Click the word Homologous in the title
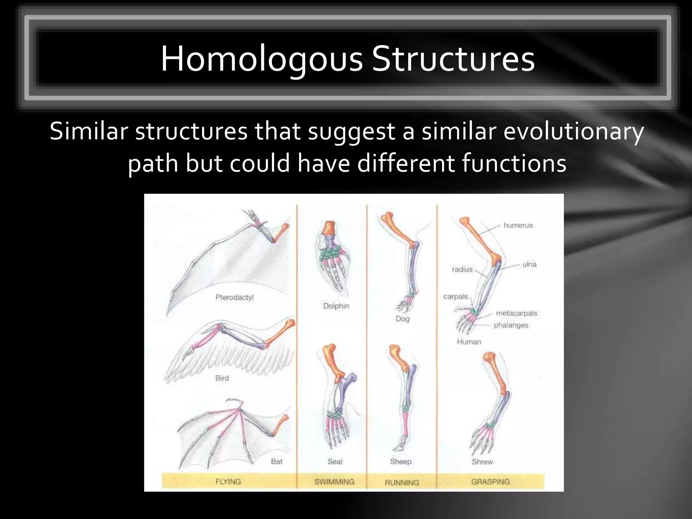[x=262, y=59]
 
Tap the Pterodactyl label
[x=234, y=297]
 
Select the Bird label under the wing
[x=222, y=378]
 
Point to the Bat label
[x=276, y=461]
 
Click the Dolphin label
[x=336, y=306]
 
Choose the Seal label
[x=335, y=462]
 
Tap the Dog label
[x=402, y=319]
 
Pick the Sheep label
[x=400, y=462]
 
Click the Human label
[x=469, y=342]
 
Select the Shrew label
[x=482, y=462]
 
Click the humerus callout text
[x=518, y=225]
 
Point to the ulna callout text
[x=529, y=264]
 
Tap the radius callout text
[x=462, y=269]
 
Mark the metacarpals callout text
[x=516, y=313]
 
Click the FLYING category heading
[x=228, y=481]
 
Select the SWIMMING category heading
[x=334, y=482]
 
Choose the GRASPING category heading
[x=490, y=482]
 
